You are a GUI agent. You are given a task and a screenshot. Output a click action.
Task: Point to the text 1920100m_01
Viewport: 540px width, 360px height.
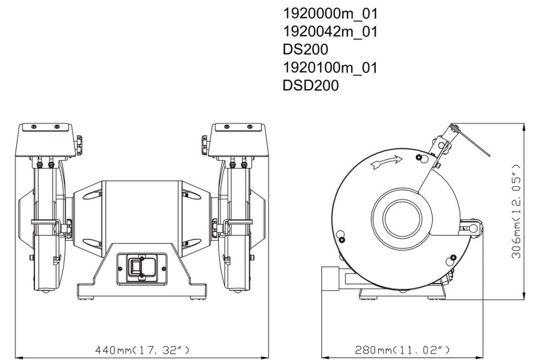pyautogui.click(x=330, y=67)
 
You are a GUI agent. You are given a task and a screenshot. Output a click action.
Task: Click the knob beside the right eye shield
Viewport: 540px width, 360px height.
pyautogui.click(x=205, y=144)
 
